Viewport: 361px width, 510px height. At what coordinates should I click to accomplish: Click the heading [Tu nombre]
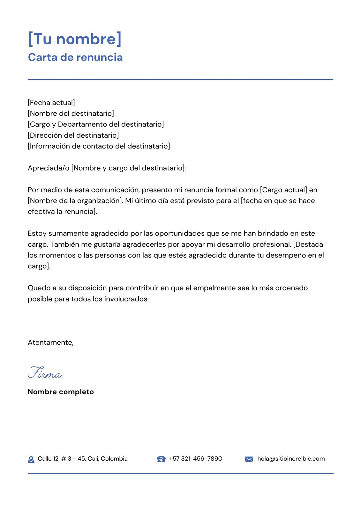(75, 39)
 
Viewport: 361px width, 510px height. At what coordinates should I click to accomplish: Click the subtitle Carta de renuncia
(75, 57)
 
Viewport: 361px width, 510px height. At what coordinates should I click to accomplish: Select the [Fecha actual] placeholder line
(51, 103)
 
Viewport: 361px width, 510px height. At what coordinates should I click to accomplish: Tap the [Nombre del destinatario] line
(71, 113)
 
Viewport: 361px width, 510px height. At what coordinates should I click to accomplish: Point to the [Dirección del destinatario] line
(73, 135)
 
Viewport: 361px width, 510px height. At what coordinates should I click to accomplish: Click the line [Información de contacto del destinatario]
(99, 146)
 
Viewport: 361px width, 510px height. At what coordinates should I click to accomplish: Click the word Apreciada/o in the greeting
(49, 168)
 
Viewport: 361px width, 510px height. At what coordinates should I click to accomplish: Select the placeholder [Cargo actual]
(283, 190)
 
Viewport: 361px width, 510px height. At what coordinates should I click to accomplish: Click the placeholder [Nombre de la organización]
(75, 201)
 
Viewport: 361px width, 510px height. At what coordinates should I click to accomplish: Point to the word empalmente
(214, 288)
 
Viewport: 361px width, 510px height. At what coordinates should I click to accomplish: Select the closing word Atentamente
(50, 343)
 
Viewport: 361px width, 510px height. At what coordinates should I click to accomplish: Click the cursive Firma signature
(45, 373)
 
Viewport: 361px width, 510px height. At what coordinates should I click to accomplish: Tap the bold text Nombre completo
(61, 392)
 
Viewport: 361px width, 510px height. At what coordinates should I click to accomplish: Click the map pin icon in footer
(31, 459)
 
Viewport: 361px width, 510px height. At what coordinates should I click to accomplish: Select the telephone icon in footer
(161, 459)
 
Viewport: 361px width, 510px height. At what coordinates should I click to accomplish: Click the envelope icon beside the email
(249, 459)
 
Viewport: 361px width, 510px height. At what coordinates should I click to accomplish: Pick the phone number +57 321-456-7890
(195, 459)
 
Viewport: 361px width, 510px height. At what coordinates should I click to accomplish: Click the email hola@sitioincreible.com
(291, 459)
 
